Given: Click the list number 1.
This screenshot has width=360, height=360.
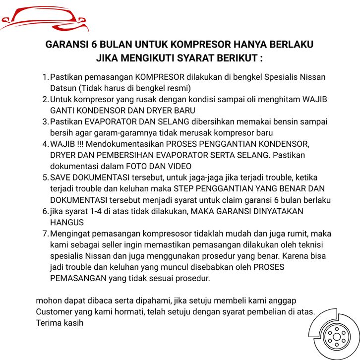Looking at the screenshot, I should point(45,78).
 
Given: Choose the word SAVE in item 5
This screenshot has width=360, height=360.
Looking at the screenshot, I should point(61,178).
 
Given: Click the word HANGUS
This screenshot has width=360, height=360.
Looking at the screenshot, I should point(67,222).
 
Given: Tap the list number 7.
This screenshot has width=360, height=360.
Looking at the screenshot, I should point(45,234).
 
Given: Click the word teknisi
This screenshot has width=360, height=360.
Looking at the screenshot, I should point(315,244).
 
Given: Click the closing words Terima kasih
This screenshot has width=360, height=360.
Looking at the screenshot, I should point(60,323).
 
